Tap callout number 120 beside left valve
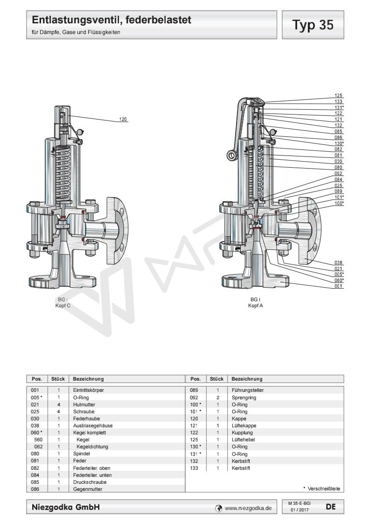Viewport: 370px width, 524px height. [x=123, y=120]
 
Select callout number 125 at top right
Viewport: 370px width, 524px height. [x=339, y=95]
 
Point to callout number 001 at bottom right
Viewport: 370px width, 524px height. [x=339, y=286]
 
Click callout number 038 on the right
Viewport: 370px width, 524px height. [x=339, y=262]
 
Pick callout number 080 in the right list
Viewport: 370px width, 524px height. [x=339, y=167]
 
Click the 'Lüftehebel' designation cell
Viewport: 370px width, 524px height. [x=243, y=440]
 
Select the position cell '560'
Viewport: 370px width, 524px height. [x=39, y=440]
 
